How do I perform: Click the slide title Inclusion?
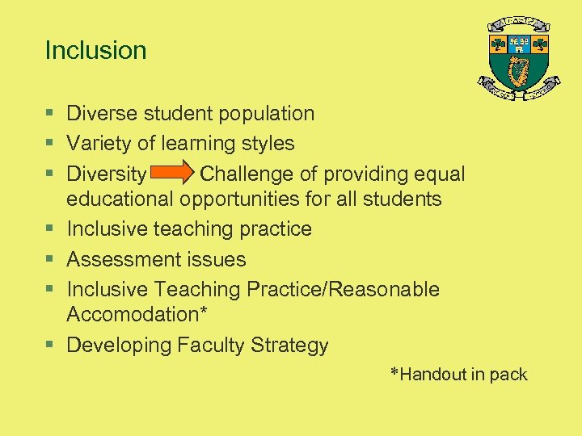[95, 50]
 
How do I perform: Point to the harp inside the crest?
[519, 71]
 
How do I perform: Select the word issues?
[219, 259]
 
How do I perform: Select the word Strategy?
[289, 346]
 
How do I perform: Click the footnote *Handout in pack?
[458, 375]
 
